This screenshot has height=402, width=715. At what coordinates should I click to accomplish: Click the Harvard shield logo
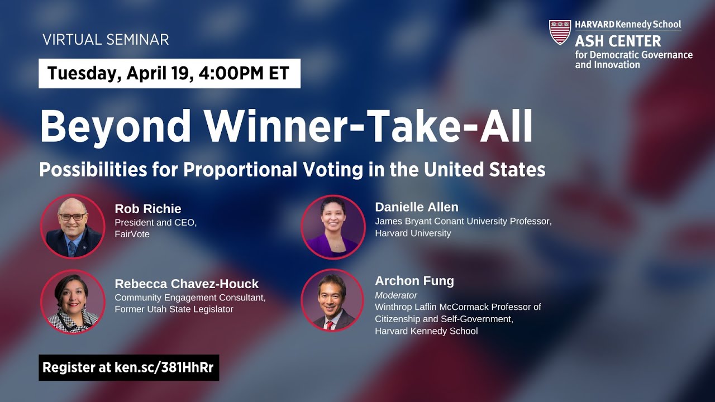click(560, 32)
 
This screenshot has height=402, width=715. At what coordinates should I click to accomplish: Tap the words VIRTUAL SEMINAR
click(106, 40)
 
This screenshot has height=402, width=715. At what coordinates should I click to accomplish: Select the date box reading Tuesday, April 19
click(169, 73)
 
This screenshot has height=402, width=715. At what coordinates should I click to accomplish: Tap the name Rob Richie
click(148, 209)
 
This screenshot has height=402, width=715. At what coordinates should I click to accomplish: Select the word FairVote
click(132, 234)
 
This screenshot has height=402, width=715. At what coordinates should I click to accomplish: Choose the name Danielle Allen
click(417, 207)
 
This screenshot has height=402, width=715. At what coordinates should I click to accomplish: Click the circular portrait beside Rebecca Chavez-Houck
click(73, 301)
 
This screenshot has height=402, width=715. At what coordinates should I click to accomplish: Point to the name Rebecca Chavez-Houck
click(187, 284)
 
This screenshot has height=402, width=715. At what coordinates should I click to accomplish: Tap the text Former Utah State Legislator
click(174, 309)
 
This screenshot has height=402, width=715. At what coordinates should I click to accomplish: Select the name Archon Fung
click(414, 281)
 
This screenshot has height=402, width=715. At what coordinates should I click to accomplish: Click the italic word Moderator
click(396, 295)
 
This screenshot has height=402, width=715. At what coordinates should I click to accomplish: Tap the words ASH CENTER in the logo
click(618, 41)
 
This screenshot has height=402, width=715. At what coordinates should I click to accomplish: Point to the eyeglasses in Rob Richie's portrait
click(72, 216)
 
